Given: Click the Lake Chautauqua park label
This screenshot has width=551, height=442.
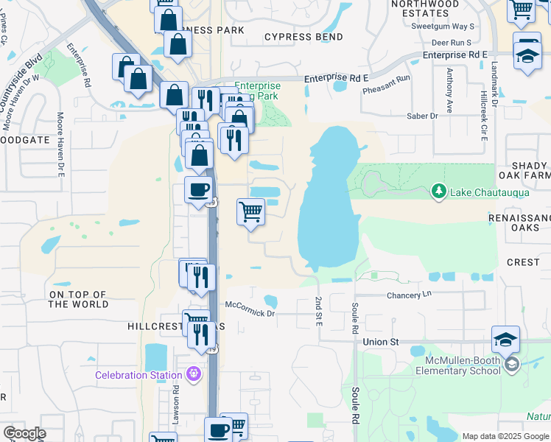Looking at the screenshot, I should [x=477, y=192].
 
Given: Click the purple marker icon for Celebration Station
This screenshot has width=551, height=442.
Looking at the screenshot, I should [x=194, y=374].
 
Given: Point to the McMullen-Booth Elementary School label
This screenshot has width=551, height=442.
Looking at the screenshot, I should [x=463, y=365].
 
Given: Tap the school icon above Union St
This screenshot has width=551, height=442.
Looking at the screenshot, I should [x=505, y=340].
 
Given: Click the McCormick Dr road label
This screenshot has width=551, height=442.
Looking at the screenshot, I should [x=250, y=313].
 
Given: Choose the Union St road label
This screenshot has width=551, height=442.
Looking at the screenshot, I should [x=380, y=342].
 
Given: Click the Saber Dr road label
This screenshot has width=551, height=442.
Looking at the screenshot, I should [x=422, y=116].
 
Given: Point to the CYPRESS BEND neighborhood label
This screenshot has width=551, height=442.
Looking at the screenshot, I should [x=303, y=37].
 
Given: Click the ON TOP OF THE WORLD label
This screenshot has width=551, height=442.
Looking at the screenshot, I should [x=78, y=299].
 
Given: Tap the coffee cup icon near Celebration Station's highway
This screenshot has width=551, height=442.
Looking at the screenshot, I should [x=198, y=190].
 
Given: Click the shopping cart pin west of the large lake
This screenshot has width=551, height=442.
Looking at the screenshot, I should [x=250, y=212].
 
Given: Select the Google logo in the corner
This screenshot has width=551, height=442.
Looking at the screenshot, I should [x=25, y=433].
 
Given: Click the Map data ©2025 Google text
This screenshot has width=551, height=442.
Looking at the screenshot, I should [x=505, y=436].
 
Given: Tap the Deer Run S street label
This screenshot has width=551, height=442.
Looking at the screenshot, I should [x=452, y=43].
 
